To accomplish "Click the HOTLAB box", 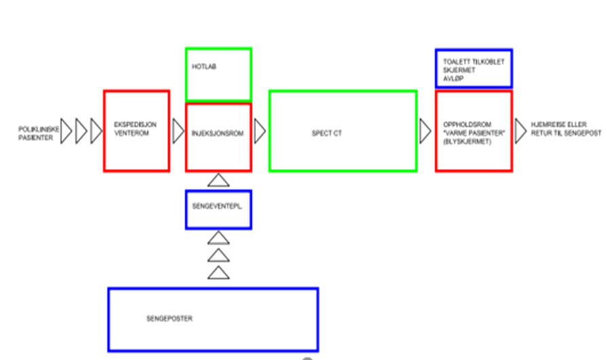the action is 218,73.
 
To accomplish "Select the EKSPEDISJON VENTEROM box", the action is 136,130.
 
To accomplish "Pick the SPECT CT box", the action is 342,130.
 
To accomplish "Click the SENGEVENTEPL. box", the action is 218,209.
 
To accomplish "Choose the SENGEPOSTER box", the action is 213,319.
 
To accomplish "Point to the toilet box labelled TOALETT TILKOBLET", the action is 473,69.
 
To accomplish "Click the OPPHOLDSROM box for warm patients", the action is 473,130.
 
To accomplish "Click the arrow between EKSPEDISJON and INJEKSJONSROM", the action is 178,132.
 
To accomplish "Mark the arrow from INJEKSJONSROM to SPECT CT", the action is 260,132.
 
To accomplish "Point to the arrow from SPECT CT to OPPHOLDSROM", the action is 425,130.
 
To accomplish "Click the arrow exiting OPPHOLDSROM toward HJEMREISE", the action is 521,131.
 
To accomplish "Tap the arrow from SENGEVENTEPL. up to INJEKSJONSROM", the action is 217,180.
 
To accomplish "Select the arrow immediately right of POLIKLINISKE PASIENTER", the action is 66,131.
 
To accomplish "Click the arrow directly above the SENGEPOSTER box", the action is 217,273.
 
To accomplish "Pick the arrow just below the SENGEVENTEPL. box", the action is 217,238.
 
